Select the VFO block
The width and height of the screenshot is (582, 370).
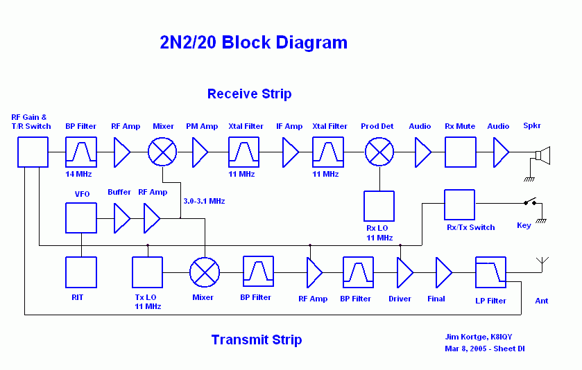[81, 218]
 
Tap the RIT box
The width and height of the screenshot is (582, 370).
[81, 272]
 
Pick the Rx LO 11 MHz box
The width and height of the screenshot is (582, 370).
[379, 206]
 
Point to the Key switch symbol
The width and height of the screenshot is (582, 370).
[531, 204]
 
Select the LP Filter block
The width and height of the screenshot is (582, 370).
[490, 272]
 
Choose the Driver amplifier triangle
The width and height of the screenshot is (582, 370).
[404, 272]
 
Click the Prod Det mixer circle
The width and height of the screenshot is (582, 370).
[379, 152]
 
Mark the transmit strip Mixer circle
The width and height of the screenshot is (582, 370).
[205, 272]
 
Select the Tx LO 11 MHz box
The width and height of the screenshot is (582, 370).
[147, 272]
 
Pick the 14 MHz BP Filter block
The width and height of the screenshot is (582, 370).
[81, 152]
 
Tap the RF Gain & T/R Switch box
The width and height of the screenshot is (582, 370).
[33, 152]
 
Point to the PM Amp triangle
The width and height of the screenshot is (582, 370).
[200, 152]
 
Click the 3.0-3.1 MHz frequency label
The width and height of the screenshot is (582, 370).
[204, 202]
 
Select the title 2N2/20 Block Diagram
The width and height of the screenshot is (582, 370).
[253, 43]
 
